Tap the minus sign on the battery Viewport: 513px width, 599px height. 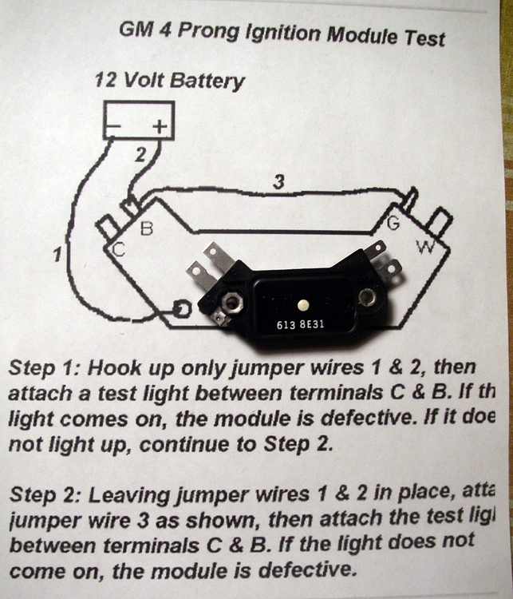click(x=117, y=125)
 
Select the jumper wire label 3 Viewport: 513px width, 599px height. click(x=278, y=182)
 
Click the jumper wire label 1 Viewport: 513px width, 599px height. click(x=57, y=256)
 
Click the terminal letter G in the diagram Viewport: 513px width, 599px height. click(x=393, y=226)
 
